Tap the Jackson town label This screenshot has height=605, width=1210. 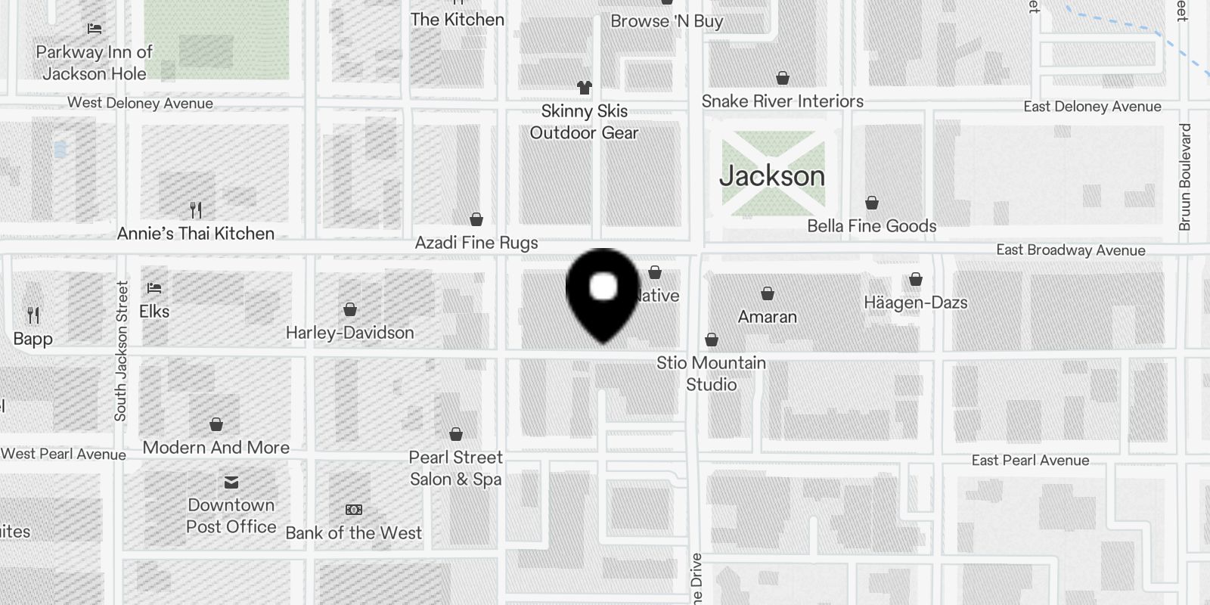click(771, 176)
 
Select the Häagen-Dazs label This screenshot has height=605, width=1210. click(915, 303)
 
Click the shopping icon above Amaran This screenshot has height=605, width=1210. click(768, 293)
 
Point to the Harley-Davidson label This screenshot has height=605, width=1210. click(349, 333)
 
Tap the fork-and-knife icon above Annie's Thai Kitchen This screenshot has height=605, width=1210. click(196, 209)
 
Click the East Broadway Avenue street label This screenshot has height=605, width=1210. click(1070, 250)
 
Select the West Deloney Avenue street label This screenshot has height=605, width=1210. click(140, 103)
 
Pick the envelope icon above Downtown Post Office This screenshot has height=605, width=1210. click(231, 482)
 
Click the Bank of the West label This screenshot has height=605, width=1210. click(353, 533)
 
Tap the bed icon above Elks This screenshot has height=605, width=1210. click(154, 288)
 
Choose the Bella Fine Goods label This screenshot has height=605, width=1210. click(871, 226)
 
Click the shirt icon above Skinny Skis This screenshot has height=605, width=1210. click(584, 88)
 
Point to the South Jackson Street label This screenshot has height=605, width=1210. click(121, 351)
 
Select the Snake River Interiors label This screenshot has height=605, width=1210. click(782, 101)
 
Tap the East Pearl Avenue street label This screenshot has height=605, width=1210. click(1030, 461)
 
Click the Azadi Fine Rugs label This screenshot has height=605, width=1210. click(476, 243)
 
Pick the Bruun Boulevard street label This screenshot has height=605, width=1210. click(1184, 177)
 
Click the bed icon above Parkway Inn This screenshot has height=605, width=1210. click(95, 29)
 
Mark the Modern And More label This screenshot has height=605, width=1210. click(216, 448)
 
